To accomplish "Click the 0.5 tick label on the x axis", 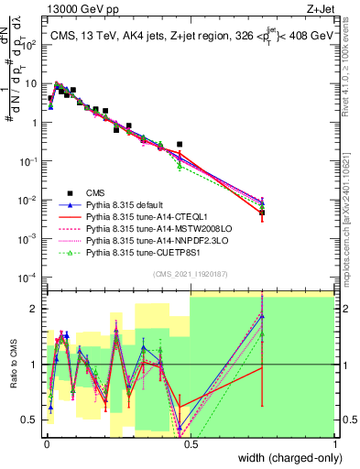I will point(190,442).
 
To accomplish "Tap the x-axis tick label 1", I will point(335,442).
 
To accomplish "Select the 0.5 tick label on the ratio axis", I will point(31,420).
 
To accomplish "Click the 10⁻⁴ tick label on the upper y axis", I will point(29,277).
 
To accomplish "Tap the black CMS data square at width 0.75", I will point(263,213).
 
